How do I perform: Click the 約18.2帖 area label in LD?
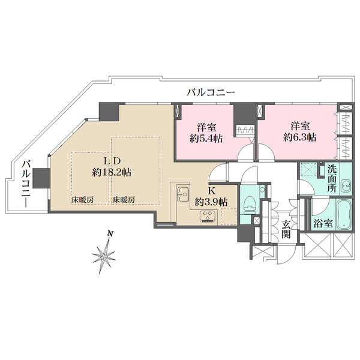112,172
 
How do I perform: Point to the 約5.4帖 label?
204,137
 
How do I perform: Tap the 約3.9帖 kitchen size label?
211,202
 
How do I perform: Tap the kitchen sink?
183,198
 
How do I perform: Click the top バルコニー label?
211,93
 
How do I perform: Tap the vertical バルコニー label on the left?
26,184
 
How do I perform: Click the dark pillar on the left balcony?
41,178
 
